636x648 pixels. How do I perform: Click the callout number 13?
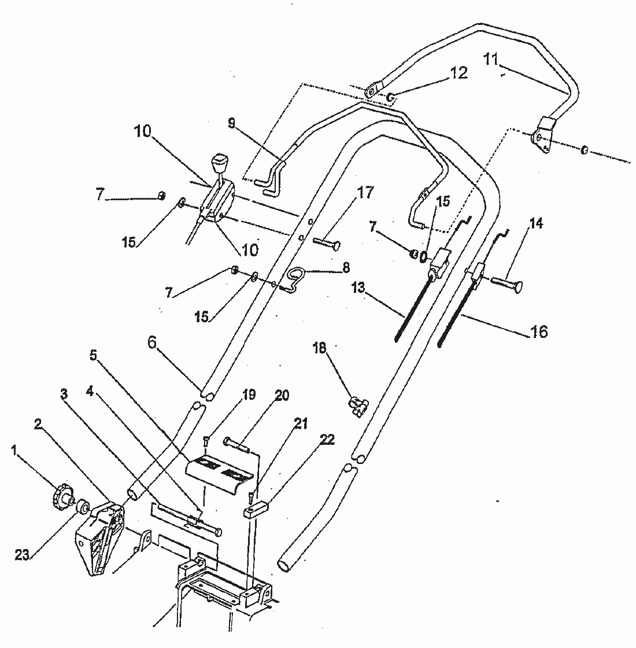pos(358,288)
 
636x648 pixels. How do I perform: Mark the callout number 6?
pos(151,343)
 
